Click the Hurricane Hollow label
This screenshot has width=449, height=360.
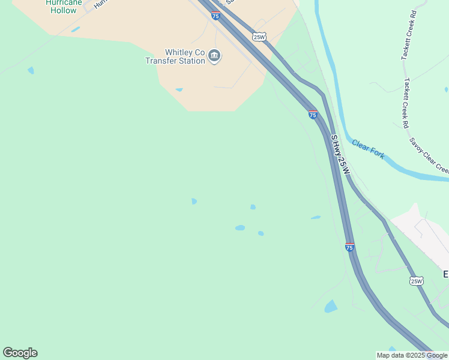[x=61, y=7]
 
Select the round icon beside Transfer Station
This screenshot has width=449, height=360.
[x=214, y=56]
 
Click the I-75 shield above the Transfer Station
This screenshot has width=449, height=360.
[x=215, y=15]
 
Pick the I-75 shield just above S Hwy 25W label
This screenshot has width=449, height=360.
[x=313, y=113]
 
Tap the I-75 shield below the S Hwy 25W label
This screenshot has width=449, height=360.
[x=349, y=247]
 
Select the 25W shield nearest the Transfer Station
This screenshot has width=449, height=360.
[x=259, y=37]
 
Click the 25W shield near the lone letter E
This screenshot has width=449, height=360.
[x=416, y=280]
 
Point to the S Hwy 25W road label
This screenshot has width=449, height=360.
[x=340, y=154]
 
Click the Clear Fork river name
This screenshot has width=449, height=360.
[x=368, y=149]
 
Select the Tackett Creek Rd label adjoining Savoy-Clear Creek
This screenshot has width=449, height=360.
[x=406, y=103]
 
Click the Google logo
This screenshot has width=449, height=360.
[x=20, y=353]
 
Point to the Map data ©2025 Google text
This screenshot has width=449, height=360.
[x=412, y=355]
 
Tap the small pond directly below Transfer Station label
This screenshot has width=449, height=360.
[x=179, y=90]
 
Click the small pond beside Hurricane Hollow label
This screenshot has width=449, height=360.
[x=75, y=29]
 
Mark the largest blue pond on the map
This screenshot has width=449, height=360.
[x=331, y=307]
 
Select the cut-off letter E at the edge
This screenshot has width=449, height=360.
[x=446, y=274]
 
